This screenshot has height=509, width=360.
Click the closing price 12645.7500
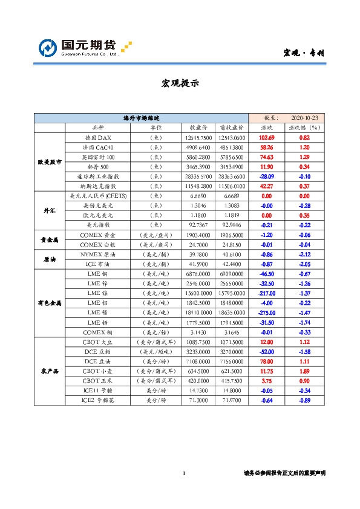(x=198, y=138)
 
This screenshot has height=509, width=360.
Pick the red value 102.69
(x=267, y=138)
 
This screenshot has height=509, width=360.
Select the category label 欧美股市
(x=49, y=161)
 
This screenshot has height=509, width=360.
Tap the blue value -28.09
(x=267, y=176)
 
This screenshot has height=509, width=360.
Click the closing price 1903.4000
(x=198, y=234)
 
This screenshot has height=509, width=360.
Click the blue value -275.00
(x=267, y=313)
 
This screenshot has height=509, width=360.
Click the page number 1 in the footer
(x=183, y=473)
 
